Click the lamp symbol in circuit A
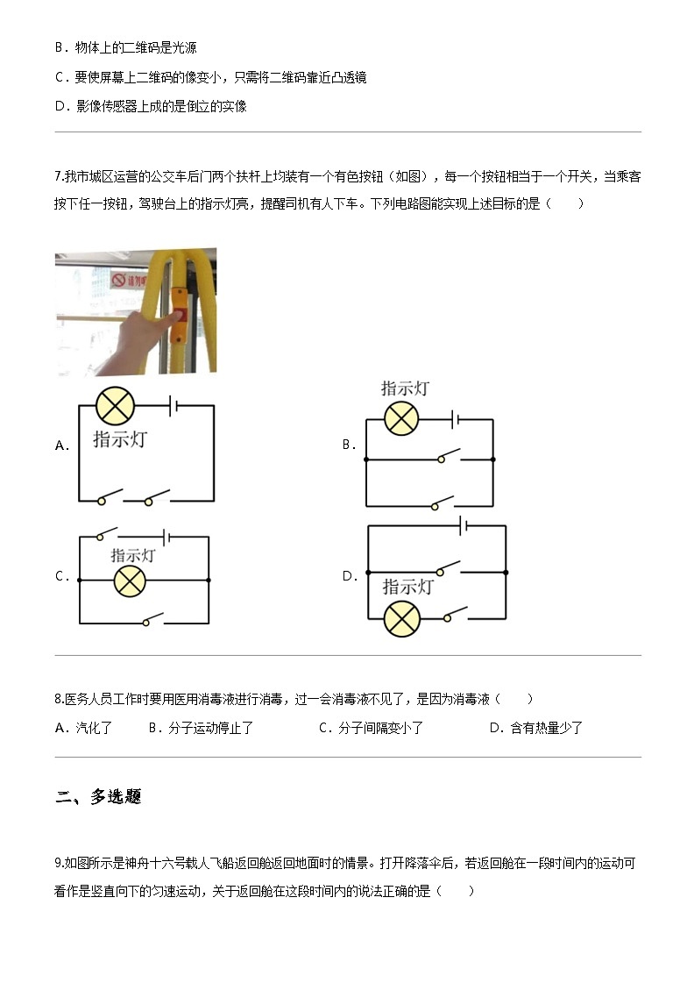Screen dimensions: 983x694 (114, 406)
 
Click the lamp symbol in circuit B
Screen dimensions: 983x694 (401, 418)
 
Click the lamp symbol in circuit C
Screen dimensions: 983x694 (130, 581)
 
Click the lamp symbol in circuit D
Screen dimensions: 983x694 (402, 619)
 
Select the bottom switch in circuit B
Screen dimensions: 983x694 (441, 502)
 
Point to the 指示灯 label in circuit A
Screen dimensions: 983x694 (120, 439)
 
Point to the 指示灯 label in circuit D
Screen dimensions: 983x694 (407, 587)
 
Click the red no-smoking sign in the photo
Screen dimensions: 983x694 (120, 281)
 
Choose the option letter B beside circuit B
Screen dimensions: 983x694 (348, 445)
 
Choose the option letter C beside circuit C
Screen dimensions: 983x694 (60, 576)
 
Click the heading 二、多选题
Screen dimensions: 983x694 (97, 797)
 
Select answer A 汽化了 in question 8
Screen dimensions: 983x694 (83, 728)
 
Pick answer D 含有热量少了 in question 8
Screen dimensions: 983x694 (535, 728)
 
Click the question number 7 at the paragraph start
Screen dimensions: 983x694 (58, 177)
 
